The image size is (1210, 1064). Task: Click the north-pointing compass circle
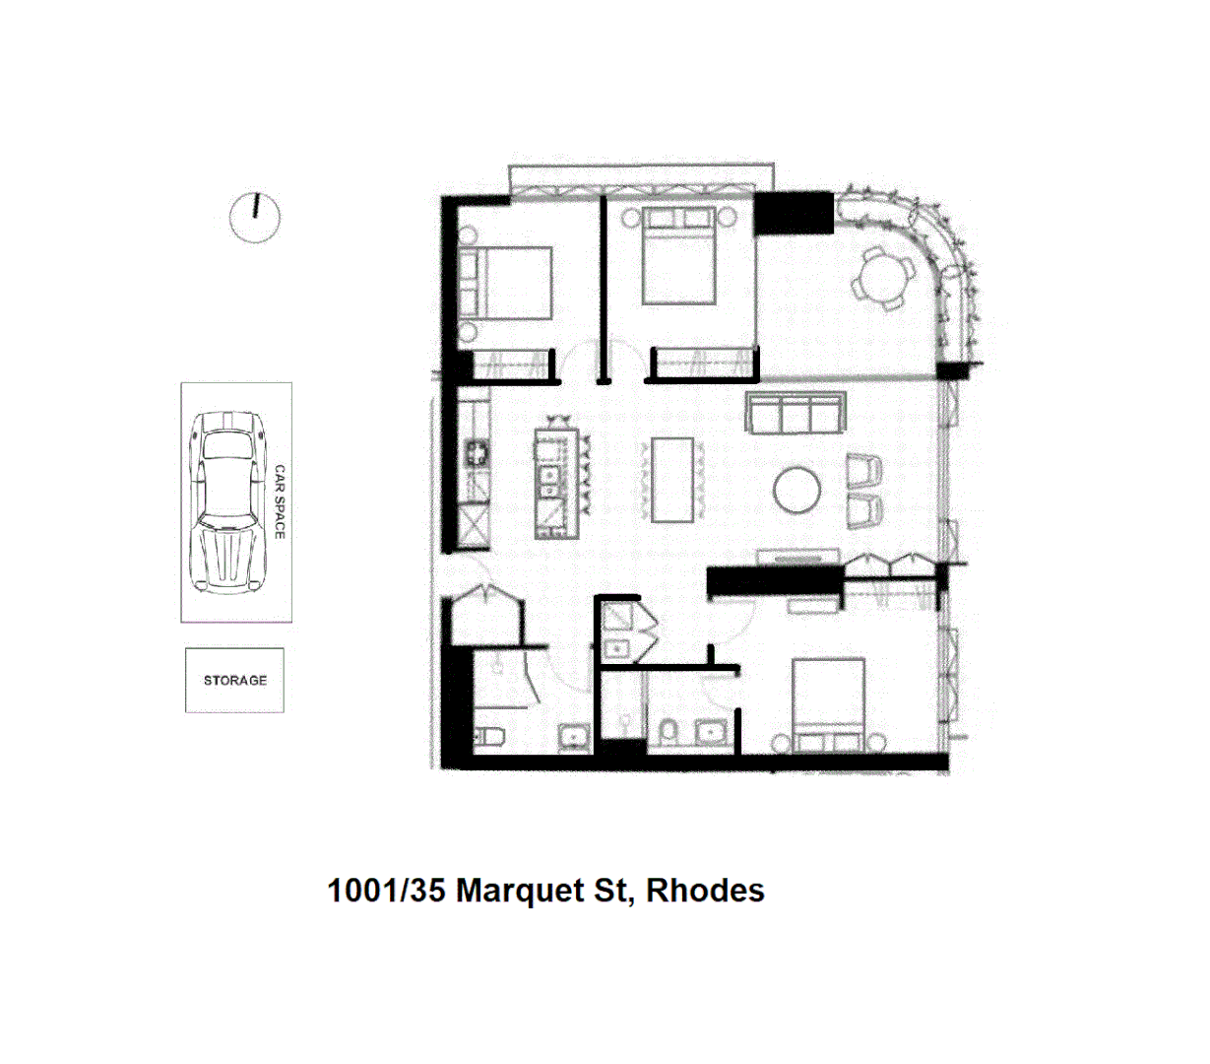coord(255,217)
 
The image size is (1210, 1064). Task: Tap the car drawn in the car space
coord(228,501)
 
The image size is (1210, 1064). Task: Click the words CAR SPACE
coord(279,501)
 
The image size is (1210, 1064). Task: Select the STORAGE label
coord(235,680)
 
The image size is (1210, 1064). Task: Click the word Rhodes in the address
coord(705,891)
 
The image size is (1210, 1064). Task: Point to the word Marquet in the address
coord(522,891)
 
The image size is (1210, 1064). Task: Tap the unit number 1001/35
coord(386,891)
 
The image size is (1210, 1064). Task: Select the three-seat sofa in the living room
coord(796,413)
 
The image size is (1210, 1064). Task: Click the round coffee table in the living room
coord(796,490)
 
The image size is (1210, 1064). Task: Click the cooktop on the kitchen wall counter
coord(478,454)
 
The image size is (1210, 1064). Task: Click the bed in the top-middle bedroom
coord(678,255)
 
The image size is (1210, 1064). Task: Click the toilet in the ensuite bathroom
coord(669,731)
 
